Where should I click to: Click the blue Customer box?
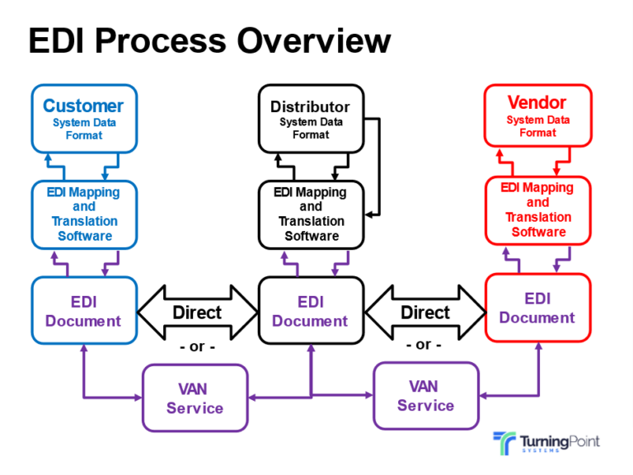[x=83, y=118]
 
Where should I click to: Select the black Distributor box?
[x=310, y=119]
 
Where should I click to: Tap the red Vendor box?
[x=537, y=115]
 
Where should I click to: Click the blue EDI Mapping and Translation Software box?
[x=83, y=214]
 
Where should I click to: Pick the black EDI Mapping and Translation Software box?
[x=311, y=214]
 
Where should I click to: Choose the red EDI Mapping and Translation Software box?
[x=537, y=210]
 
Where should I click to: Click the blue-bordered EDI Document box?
[x=82, y=311]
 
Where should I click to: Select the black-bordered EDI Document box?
[x=311, y=311]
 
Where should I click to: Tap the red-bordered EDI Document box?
[x=537, y=308]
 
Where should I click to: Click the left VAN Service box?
[x=195, y=397]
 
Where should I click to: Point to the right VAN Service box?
[x=425, y=395]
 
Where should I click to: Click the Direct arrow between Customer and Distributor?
[x=197, y=313]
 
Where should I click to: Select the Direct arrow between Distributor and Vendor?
[x=425, y=313]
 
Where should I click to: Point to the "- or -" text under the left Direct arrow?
[x=197, y=346]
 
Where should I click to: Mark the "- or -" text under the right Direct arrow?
[x=424, y=345]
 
